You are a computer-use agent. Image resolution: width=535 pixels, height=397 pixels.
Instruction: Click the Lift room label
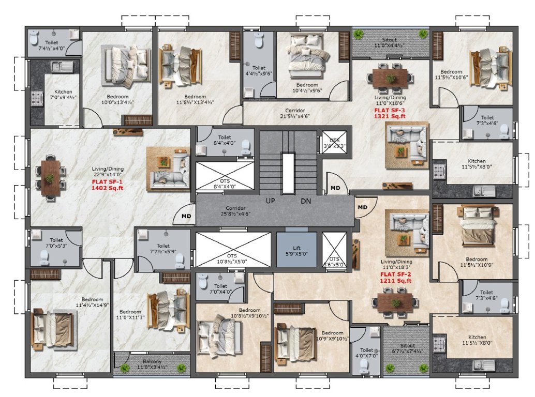(x=296, y=251)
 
